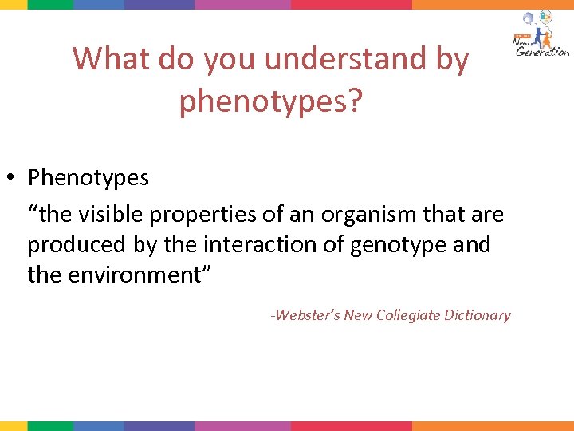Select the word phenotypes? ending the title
pos(271,101)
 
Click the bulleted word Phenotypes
pos(88,177)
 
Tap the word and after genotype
pos(470,245)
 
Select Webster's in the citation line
pos(305,315)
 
